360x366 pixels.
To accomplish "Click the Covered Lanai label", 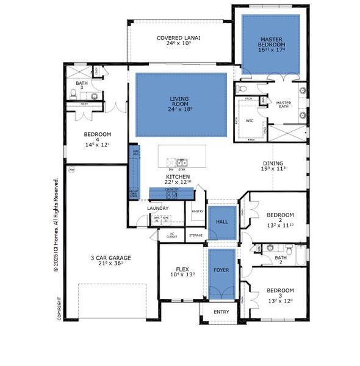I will click(x=178, y=38).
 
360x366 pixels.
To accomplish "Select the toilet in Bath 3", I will click(x=74, y=93).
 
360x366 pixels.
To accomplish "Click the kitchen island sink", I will click(x=182, y=162).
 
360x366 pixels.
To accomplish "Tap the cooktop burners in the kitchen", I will click(x=171, y=195).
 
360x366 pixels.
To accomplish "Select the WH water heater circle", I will click(x=71, y=169).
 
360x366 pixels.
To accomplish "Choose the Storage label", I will click(x=196, y=235).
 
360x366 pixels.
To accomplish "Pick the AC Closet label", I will click(x=171, y=235).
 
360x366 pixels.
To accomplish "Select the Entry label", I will click(x=221, y=312).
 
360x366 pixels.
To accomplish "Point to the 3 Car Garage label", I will click(x=107, y=257).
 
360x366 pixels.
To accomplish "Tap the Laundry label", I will click(x=157, y=208).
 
